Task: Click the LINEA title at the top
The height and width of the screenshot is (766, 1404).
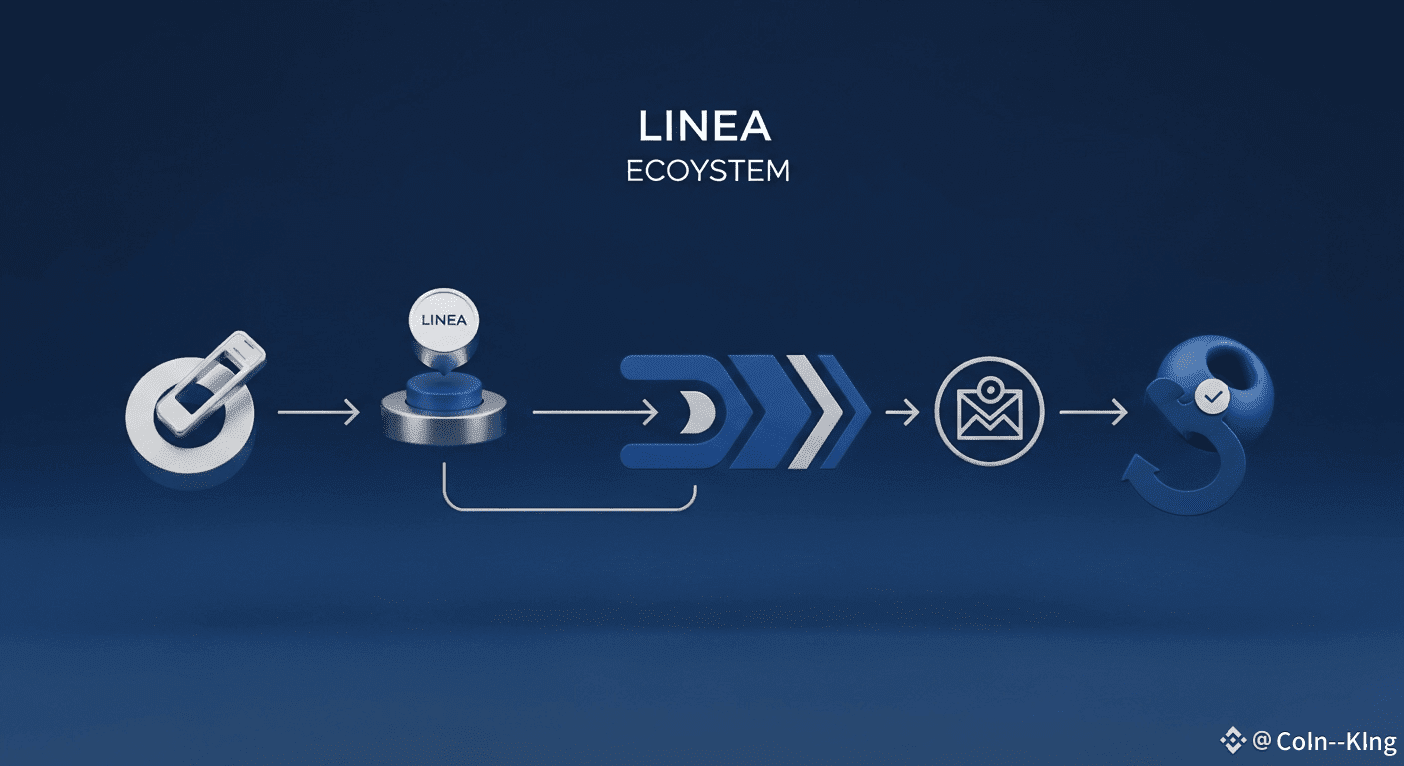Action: tap(705, 127)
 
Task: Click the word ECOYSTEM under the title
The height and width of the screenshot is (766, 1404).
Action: tap(707, 172)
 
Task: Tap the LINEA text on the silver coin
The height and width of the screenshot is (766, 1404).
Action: tap(445, 321)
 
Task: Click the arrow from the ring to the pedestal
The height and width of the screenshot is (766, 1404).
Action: tap(318, 411)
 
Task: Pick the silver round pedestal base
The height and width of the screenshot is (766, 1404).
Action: tap(444, 424)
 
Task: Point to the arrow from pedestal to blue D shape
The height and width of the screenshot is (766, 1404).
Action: tap(595, 411)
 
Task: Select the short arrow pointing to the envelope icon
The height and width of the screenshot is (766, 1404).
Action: tap(901, 411)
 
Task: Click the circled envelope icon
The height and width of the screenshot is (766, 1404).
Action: tap(989, 412)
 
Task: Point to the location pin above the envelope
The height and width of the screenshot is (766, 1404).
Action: tap(990, 388)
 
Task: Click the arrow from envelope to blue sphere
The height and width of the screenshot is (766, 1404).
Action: tap(1093, 411)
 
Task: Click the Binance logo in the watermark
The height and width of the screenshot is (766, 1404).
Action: tap(1233, 740)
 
